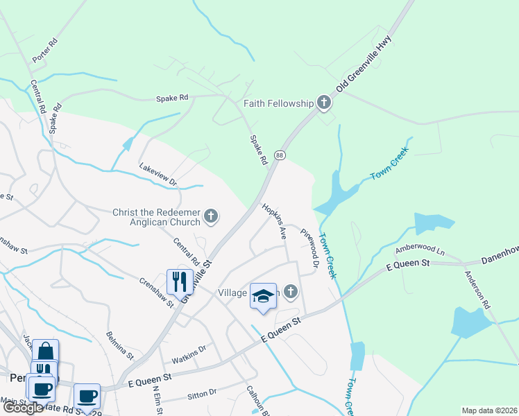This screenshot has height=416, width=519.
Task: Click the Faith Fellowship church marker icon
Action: pyautogui.click(x=323, y=103)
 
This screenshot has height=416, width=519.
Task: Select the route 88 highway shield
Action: pyautogui.click(x=279, y=155)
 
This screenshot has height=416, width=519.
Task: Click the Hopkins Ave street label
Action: pyautogui.click(x=274, y=221)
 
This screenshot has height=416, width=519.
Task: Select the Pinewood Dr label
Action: pyautogui.click(x=309, y=247)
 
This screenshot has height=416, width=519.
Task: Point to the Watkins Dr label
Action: pyautogui.click(x=189, y=354)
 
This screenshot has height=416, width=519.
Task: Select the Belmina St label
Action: pyautogui.click(x=119, y=345)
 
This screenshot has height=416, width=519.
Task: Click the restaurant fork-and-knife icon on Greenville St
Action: pyautogui.click(x=179, y=281)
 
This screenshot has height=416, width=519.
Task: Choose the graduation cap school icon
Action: pyautogui.click(x=263, y=296)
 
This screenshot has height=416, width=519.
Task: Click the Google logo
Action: pyautogui.click(x=23, y=408)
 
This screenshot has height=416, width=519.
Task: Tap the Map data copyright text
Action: pyautogui.click(x=488, y=410)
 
